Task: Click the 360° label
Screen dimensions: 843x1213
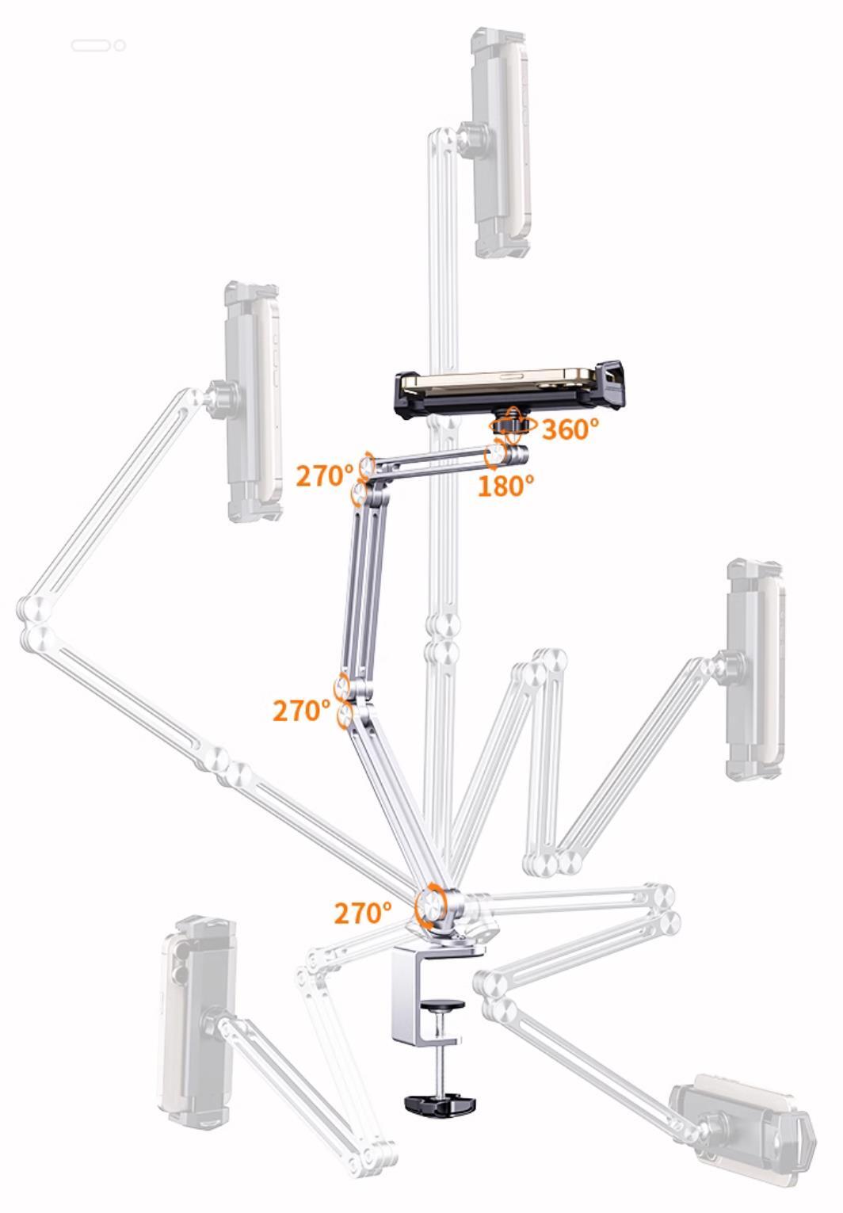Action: pyautogui.click(x=570, y=429)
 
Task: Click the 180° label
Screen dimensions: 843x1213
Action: pyautogui.click(x=505, y=486)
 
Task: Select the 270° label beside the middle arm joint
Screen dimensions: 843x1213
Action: pyautogui.click(x=302, y=711)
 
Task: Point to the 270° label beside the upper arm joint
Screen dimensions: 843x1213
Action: pyautogui.click(x=325, y=476)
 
